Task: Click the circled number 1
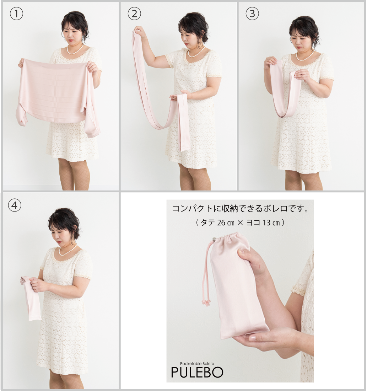point(16,14)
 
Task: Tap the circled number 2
point(134,14)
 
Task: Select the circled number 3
point(252,14)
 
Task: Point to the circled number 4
point(15,205)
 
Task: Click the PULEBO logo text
point(197,372)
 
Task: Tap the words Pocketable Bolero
point(197,364)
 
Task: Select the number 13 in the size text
point(266,223)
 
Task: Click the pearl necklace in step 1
point(75,50)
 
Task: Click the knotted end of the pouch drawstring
point(206,303)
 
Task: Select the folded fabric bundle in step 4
point(31,299)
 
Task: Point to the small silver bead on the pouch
point(214,239)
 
